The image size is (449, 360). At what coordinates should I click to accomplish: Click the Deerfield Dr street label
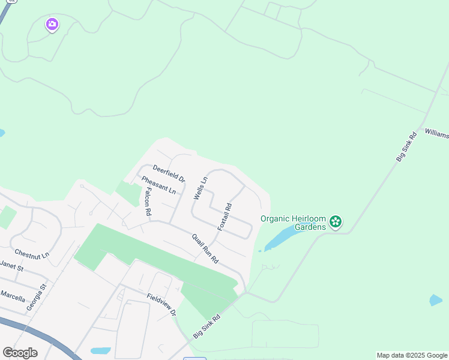pos(169,174)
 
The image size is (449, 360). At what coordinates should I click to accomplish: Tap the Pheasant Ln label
pos(158,185)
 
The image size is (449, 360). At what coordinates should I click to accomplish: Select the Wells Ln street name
pos(200,188)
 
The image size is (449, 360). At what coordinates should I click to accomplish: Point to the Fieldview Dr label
pos(161,304)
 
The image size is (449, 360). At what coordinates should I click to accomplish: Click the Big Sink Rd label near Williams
pos(406,146)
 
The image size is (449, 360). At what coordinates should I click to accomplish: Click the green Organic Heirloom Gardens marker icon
pos(336,222)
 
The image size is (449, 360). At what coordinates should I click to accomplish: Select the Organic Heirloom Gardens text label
pos(293,222)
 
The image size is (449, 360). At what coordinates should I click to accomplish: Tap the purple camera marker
pos(52,25)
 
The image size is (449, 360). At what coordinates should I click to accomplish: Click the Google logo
pos(20,353)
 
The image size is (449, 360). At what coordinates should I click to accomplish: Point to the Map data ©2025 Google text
pos(412,355)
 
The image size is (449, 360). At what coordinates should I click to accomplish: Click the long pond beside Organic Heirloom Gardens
pos(282,237)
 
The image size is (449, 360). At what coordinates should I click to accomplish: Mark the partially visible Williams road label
pos(436,133)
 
